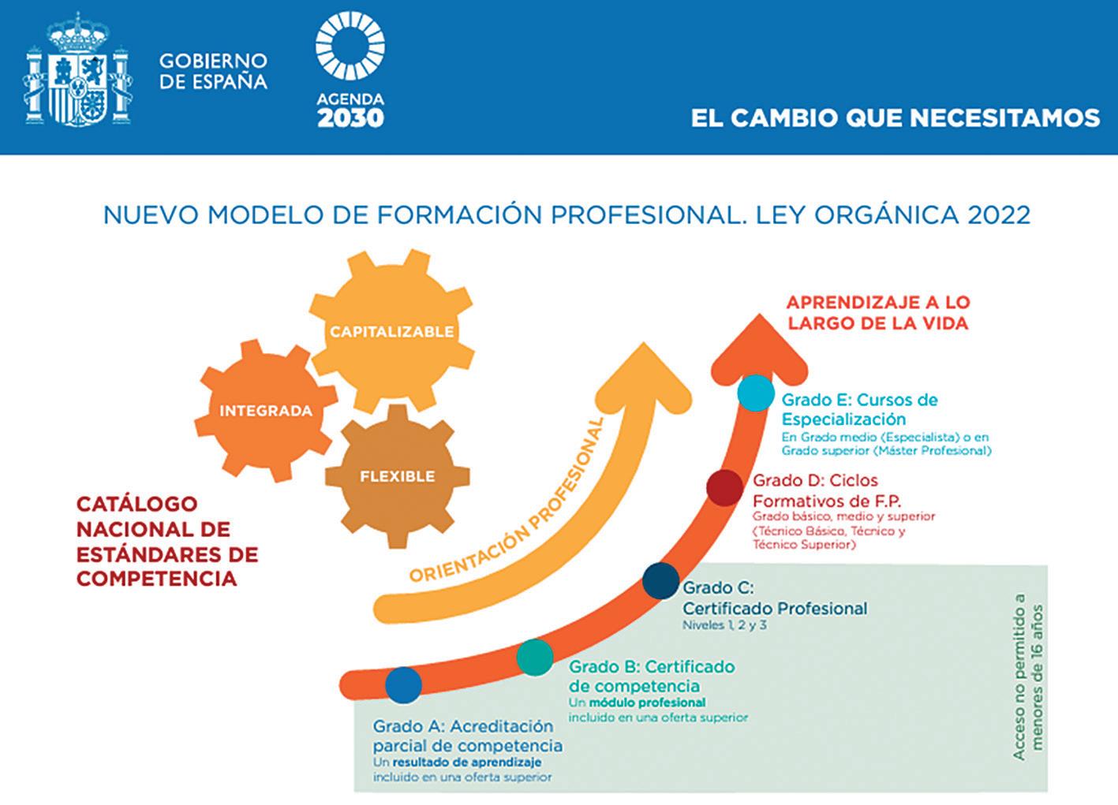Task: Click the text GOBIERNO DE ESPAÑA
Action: [x=213, y=71]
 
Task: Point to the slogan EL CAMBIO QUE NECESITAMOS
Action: [x=895, y=118]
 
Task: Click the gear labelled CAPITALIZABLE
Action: [x=392, y=331]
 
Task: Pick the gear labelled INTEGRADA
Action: [x=266, y=410]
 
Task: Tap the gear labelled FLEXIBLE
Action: [x=397, y=476]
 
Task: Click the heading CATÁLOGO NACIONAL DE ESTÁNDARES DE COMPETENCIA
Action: [x=167, y=541]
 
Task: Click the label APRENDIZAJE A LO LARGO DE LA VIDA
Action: [x=877, y=313]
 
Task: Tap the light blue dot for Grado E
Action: [x=757, y=392]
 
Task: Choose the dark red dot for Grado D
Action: [x=724, y=488]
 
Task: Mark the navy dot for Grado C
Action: [x=660, y=581]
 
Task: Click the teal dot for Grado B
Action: [x=535, y=657]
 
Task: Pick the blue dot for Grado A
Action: [x=403, y=684]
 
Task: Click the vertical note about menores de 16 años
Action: [x=1029, y=676]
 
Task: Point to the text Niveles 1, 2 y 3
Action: [x=724, y=625]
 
